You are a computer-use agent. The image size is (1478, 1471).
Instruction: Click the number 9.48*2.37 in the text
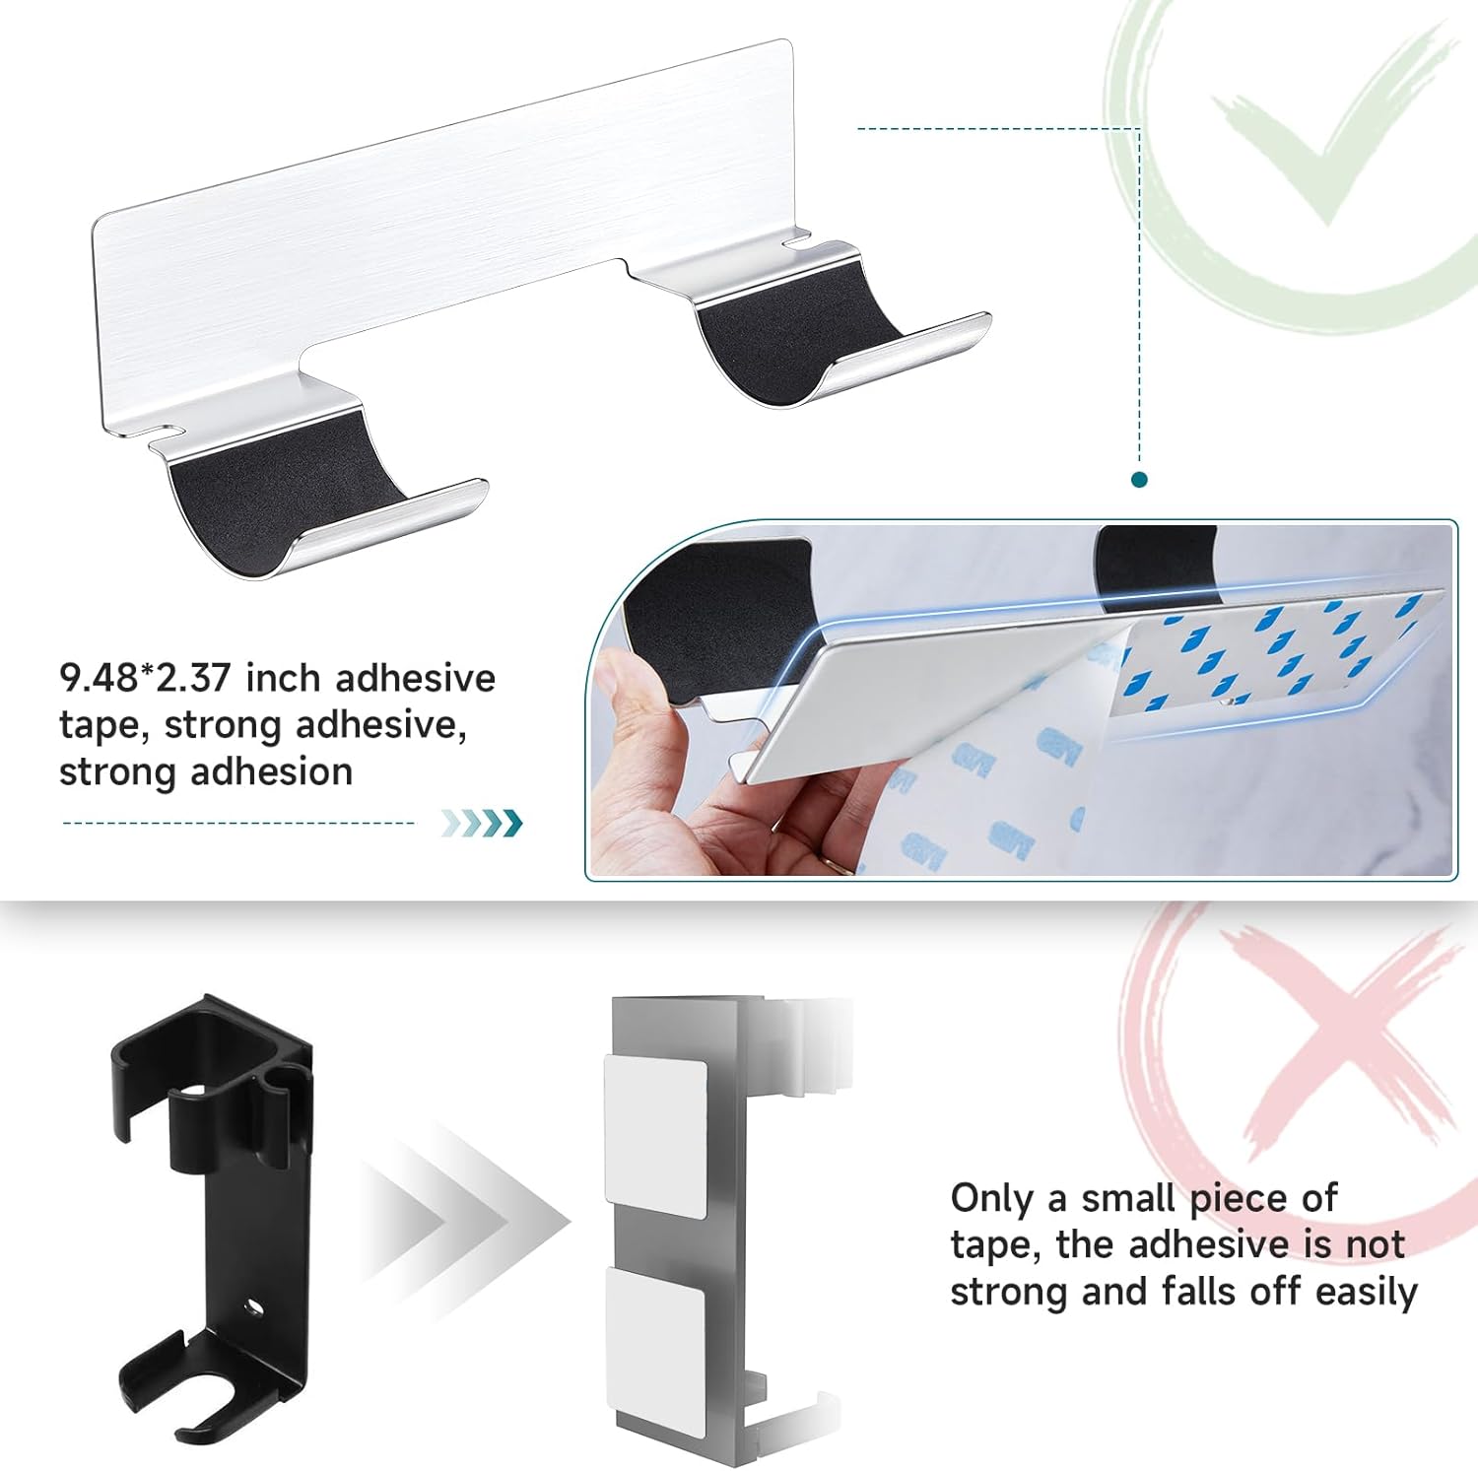tap(145, 678)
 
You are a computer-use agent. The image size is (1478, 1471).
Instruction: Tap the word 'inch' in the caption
tap(283, 678)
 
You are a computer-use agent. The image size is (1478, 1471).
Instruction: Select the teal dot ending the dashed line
tap(1140, 480)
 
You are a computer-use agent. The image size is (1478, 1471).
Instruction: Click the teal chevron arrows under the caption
tap(481, 823)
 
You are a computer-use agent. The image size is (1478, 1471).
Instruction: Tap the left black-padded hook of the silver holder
tap(315, 493)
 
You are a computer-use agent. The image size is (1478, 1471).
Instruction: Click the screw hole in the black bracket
tap(255, 1308)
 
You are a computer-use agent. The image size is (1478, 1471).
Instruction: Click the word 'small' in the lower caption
tap(1130, 1198)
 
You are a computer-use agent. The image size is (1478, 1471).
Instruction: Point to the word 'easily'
tap(1366, 1292)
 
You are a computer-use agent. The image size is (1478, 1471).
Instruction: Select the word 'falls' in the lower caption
tap(1196, 1291)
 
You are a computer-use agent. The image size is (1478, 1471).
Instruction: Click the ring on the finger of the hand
tap(839, 864)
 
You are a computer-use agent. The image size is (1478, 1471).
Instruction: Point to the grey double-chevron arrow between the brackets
tap(463, 1222)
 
